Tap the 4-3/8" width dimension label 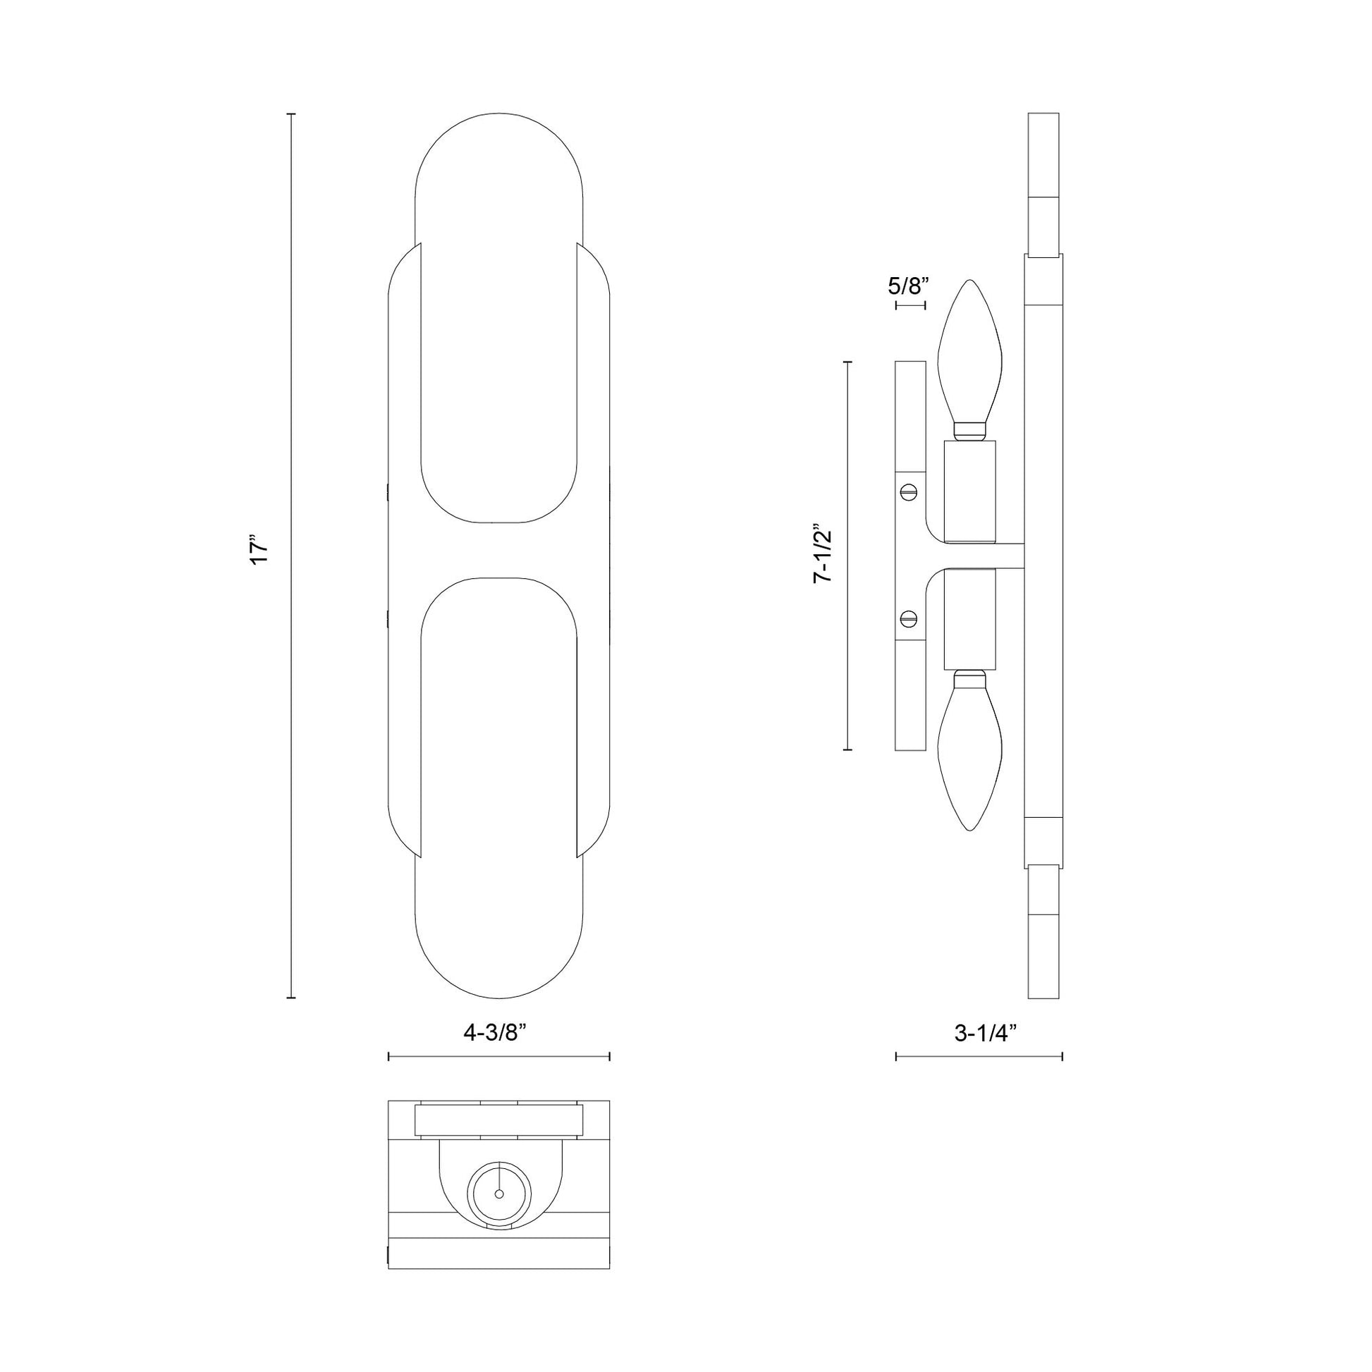click(498, 1034)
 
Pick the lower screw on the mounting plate click(909, 619)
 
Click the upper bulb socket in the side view click(970, 491)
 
